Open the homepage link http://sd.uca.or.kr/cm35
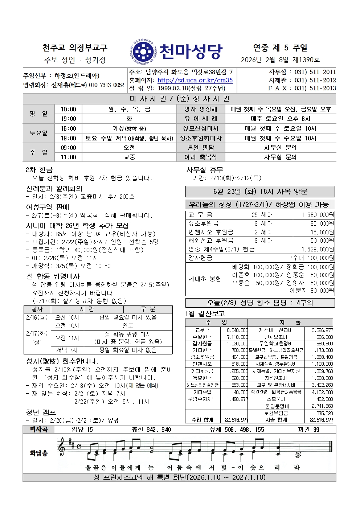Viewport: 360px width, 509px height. [x=195, y=80]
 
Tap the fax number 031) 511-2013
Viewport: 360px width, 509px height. [x=315, y=88]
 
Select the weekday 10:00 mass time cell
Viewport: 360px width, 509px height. [x=68, y=109]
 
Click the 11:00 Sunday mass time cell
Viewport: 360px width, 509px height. [x=68, y=157]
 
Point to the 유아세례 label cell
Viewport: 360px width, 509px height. [x=200, y=119]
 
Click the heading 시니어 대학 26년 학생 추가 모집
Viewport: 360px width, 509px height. [x=77, y=225]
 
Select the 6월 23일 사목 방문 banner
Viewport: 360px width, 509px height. [x=260, y=191]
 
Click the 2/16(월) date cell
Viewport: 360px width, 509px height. [x=37, y=317]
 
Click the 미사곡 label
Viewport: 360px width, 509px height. [x=38, y=430]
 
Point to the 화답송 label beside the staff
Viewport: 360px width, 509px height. [x=38, y=453]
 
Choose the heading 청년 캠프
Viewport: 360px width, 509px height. [x=41, y=412]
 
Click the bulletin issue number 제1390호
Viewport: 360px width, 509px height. [x=306, y=60]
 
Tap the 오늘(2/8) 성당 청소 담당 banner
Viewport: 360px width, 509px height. [x=260, y=303]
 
